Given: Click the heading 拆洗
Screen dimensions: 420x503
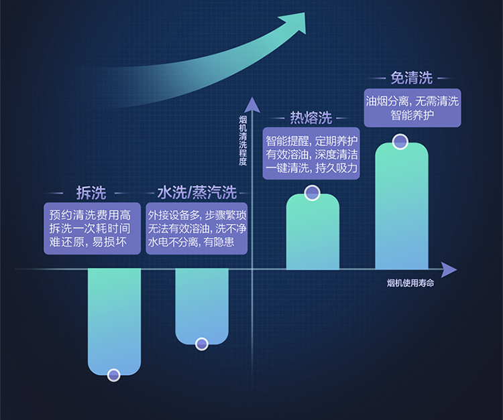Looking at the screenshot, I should point(91,193).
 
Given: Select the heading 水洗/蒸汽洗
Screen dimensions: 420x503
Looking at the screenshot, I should point(197,193).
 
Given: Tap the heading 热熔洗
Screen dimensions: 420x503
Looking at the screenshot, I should point(311,118).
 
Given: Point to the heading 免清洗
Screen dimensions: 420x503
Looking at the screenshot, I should point(411,78).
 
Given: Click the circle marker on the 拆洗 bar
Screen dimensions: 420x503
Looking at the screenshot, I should point(114,374).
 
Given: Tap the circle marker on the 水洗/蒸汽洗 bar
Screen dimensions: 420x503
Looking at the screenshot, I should point(202,344).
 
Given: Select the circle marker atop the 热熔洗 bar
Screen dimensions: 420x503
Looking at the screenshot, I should point(312,194).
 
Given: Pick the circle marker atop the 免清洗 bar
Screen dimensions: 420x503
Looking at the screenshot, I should point(400,142).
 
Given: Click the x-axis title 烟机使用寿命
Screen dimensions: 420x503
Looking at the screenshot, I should point(411,284).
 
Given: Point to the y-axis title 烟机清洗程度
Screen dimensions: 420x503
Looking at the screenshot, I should point(243,141).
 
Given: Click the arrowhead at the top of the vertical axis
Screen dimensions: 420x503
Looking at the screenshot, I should point(251,104).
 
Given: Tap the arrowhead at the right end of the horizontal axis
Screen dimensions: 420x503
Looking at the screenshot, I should point(449,269).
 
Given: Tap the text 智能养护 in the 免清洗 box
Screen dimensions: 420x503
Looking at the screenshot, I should point(412,115).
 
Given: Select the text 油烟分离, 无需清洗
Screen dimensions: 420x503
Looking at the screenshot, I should point(412,101).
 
